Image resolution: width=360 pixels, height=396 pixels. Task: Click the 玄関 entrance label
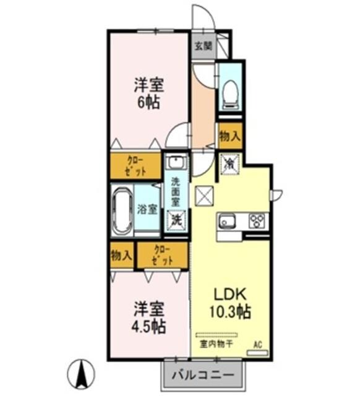click(x=203, y=46)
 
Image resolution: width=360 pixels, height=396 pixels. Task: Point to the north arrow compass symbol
click(x=80, y=373)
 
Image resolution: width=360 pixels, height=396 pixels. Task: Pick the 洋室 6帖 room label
click(x=149, y=92)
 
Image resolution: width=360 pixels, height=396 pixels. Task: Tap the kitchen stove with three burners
click(x=257, y=221)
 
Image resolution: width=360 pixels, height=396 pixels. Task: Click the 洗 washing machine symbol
click(x=176, y=219)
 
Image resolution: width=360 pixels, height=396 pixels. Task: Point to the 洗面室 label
click(x=176, y=192)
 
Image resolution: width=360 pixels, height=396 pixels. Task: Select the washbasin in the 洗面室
click(x=176, y=163)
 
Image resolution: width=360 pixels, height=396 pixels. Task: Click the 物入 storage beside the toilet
click(x=229, y=136)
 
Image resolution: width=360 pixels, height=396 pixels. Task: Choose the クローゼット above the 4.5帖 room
click(x=161, y=254)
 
